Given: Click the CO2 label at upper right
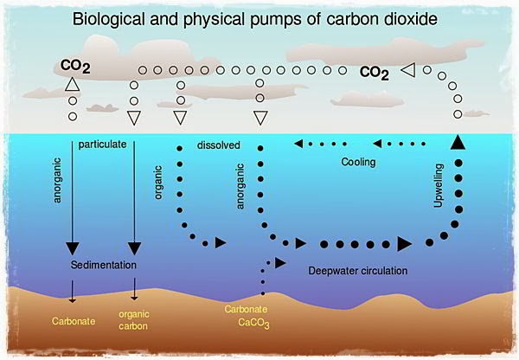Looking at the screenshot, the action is click(375, 74).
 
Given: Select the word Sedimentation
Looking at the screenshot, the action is click(106, 263).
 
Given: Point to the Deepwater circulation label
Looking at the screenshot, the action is click(357, 271).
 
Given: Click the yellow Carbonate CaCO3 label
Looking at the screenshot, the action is click(249, 316).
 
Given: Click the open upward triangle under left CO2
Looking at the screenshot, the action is click(73, 85).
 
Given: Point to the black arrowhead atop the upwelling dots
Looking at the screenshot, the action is click(458, 144).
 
